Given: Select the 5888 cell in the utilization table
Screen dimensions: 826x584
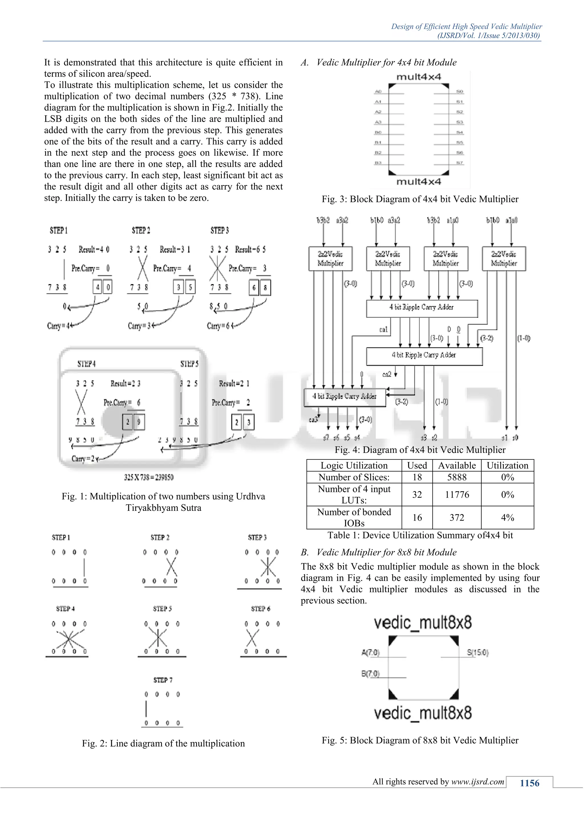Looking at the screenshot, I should pyautogui.click(x=457, y=477).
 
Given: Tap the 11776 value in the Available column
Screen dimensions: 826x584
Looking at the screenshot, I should pyautogui.click(x=457, y=494).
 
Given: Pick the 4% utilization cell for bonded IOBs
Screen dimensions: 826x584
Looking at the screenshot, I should pyautogui.click(x=507, y=517).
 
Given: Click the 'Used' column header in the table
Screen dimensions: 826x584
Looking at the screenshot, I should pyautogui.click(x=417, y=465).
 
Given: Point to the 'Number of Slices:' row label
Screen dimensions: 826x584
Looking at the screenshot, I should pyautogui.click(x=354, y=477).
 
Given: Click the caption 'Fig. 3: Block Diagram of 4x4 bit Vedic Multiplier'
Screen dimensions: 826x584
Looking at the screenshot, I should pyautogui.click(x=420, y=199).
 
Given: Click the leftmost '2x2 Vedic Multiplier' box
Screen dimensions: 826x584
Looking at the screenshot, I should pyautogui.click(x=330, y=259).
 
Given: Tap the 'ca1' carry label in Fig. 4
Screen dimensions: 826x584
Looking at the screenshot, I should pyautogui.click(x=383, y=329).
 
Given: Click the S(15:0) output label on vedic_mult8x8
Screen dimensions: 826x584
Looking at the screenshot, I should pyautogui.click(x=478, y=652).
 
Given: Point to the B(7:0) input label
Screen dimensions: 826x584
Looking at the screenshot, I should pyautogui.click(x=370, y=673).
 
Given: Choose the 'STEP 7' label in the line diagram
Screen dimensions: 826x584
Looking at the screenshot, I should pyautogui.click(x=163, y=680).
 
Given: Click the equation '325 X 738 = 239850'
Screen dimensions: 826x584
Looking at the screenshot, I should pyautogui.click(x=149, y=477).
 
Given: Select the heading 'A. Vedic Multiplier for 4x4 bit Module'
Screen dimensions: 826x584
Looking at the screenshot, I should pyautogui.click(x=379, y=62).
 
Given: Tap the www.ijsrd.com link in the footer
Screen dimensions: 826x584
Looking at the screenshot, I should pyautogui.click(x=478, y=782).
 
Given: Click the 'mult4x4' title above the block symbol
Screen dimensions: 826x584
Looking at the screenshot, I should pyautogui.click(x=419, y=77).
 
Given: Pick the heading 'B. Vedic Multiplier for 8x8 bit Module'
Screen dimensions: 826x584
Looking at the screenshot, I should pyautogui.click(x=379, y=552).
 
